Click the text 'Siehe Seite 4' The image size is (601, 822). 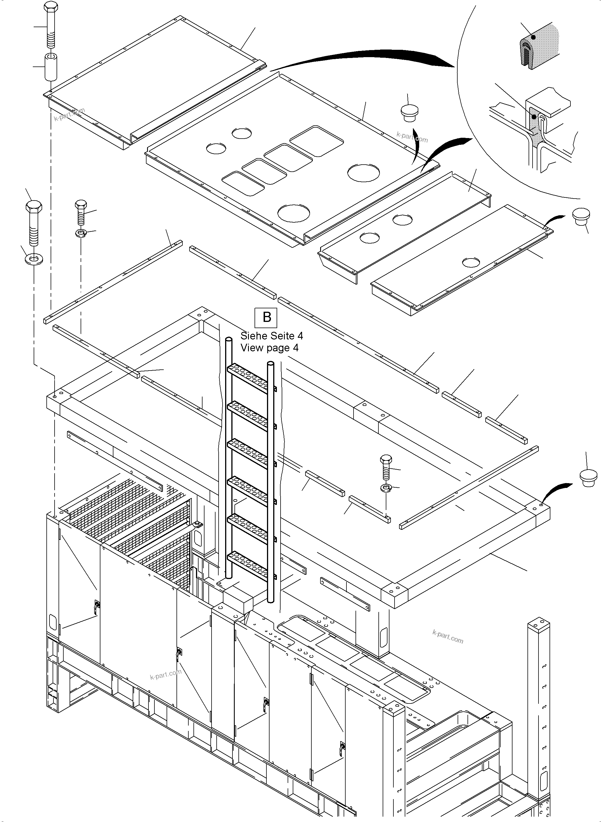click(x=272, y=335)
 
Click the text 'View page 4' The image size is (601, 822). click(x=269, y=348)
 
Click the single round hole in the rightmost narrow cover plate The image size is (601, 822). click(x=471, y=262)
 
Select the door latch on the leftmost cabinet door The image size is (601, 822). click(x=97, y=606)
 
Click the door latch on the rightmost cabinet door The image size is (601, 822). click(x=342, y=747)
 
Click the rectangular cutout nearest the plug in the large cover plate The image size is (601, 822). click(x=316, y=141)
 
